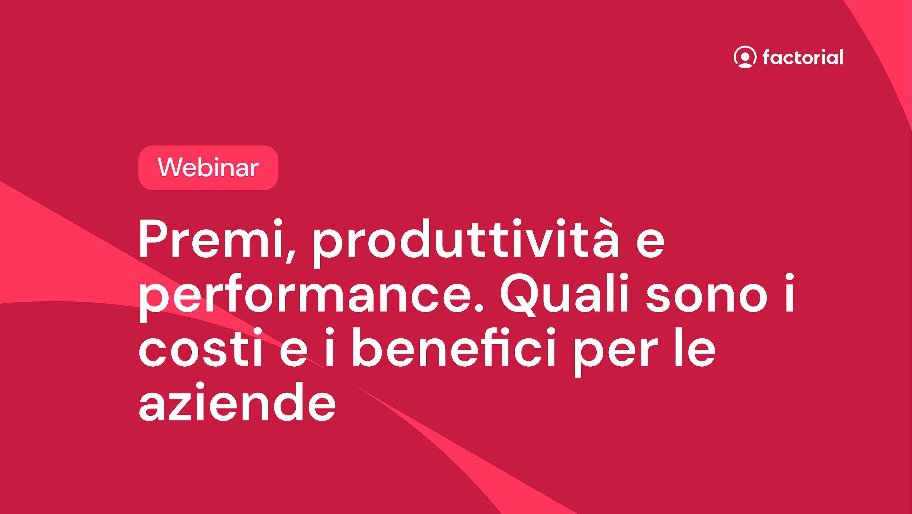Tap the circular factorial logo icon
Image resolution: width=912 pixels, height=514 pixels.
point(745,57)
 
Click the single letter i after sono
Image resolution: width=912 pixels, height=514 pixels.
point(789,292)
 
